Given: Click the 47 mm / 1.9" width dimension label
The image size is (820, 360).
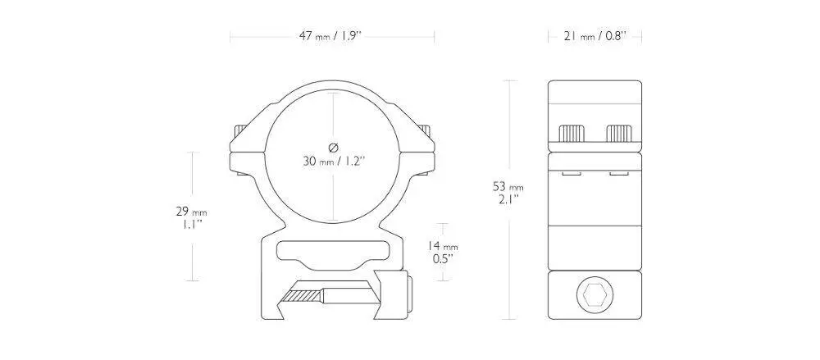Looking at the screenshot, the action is [330, 37].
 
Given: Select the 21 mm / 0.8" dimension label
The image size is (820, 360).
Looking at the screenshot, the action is [595, 37].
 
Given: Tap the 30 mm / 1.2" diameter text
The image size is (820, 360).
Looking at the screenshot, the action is [333, 161].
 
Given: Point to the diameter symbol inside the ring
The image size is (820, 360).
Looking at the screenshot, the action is [333, 147].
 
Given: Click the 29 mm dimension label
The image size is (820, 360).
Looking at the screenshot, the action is [191, 212].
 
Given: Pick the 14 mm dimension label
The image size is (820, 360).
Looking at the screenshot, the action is [444, 245].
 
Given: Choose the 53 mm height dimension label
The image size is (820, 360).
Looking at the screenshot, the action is [508, 186].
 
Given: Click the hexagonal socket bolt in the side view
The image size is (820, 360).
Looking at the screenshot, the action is [594, 294].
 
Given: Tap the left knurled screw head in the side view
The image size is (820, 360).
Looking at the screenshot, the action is [572, 134].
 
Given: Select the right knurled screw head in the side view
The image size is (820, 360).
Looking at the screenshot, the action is [618, 134].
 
